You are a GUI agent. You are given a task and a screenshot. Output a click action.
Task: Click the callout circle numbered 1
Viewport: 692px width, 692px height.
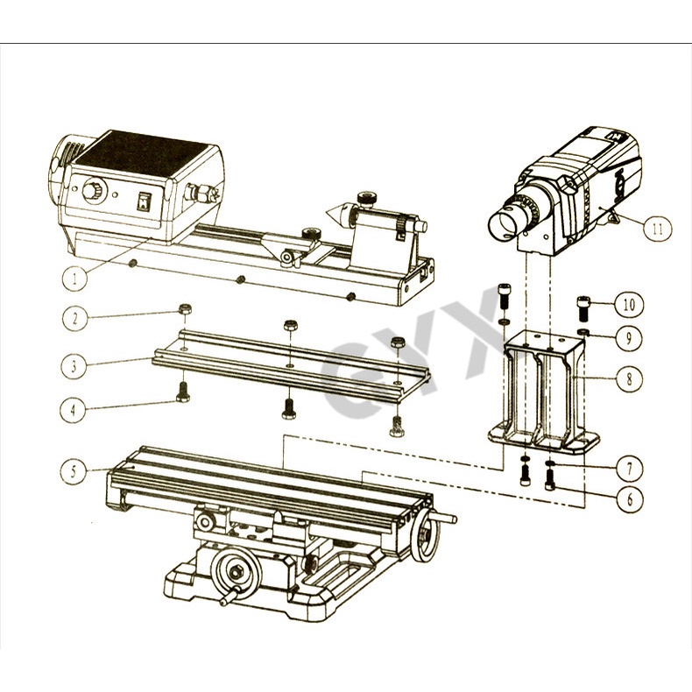coord(74,279)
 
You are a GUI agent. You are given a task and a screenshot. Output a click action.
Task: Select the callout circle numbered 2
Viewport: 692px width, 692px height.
coord(74,318)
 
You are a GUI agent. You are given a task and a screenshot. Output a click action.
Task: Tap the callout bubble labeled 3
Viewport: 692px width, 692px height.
coord(74,366)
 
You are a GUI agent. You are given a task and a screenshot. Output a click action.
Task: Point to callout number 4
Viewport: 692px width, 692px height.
coord(73,411)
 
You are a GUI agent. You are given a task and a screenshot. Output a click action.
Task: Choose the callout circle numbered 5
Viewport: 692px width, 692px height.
coord(73,471)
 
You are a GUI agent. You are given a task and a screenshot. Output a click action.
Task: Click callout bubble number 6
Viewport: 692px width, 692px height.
coord(630,499)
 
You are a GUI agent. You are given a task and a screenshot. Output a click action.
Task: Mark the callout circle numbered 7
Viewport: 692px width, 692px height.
coord(630,469)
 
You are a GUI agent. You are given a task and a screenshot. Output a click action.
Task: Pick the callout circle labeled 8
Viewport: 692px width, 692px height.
coord(630,378)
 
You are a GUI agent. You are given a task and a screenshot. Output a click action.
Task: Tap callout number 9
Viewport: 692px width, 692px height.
coord(629,338)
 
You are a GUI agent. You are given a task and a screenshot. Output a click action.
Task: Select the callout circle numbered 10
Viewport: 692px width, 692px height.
coord(629,305)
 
